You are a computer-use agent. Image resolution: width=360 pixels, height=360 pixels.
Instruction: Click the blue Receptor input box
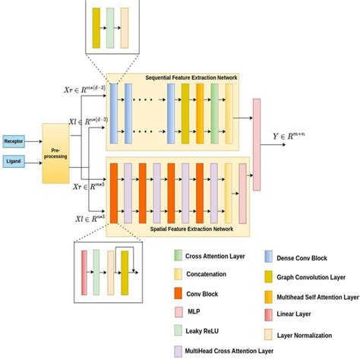(x=14, y=141)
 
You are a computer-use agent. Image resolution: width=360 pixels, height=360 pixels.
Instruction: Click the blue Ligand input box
(x=14, y=161)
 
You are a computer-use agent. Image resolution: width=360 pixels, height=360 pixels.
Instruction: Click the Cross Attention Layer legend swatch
(x=178, y=255)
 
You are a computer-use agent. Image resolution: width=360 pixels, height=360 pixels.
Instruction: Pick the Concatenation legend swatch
(x=178, y=273)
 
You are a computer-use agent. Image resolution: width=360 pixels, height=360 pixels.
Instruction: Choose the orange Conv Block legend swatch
(x=178, y=291)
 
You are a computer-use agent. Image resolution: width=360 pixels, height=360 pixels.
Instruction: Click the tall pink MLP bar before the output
(x=257, y=143)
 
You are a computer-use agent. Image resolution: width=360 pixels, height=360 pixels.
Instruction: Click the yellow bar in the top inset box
(x=96, y=29)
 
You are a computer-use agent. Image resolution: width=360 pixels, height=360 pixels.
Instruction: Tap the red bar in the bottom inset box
(x=84, y=270)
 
